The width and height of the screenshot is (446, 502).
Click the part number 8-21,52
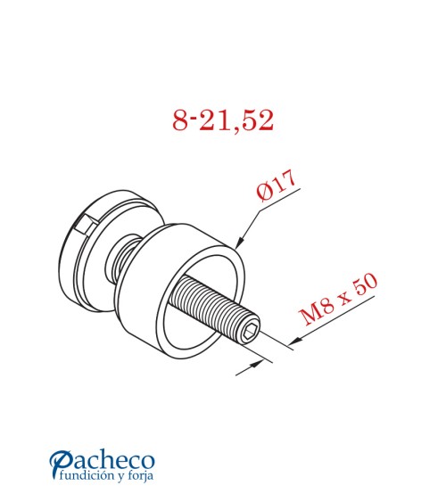223,120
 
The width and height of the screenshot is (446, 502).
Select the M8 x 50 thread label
340,300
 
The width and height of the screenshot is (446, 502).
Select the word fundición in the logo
88,478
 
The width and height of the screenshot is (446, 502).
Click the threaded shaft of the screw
214,307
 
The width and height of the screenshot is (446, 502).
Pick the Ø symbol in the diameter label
263,194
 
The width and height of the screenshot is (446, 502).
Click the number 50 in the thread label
367,284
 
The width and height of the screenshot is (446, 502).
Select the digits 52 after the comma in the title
258,120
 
